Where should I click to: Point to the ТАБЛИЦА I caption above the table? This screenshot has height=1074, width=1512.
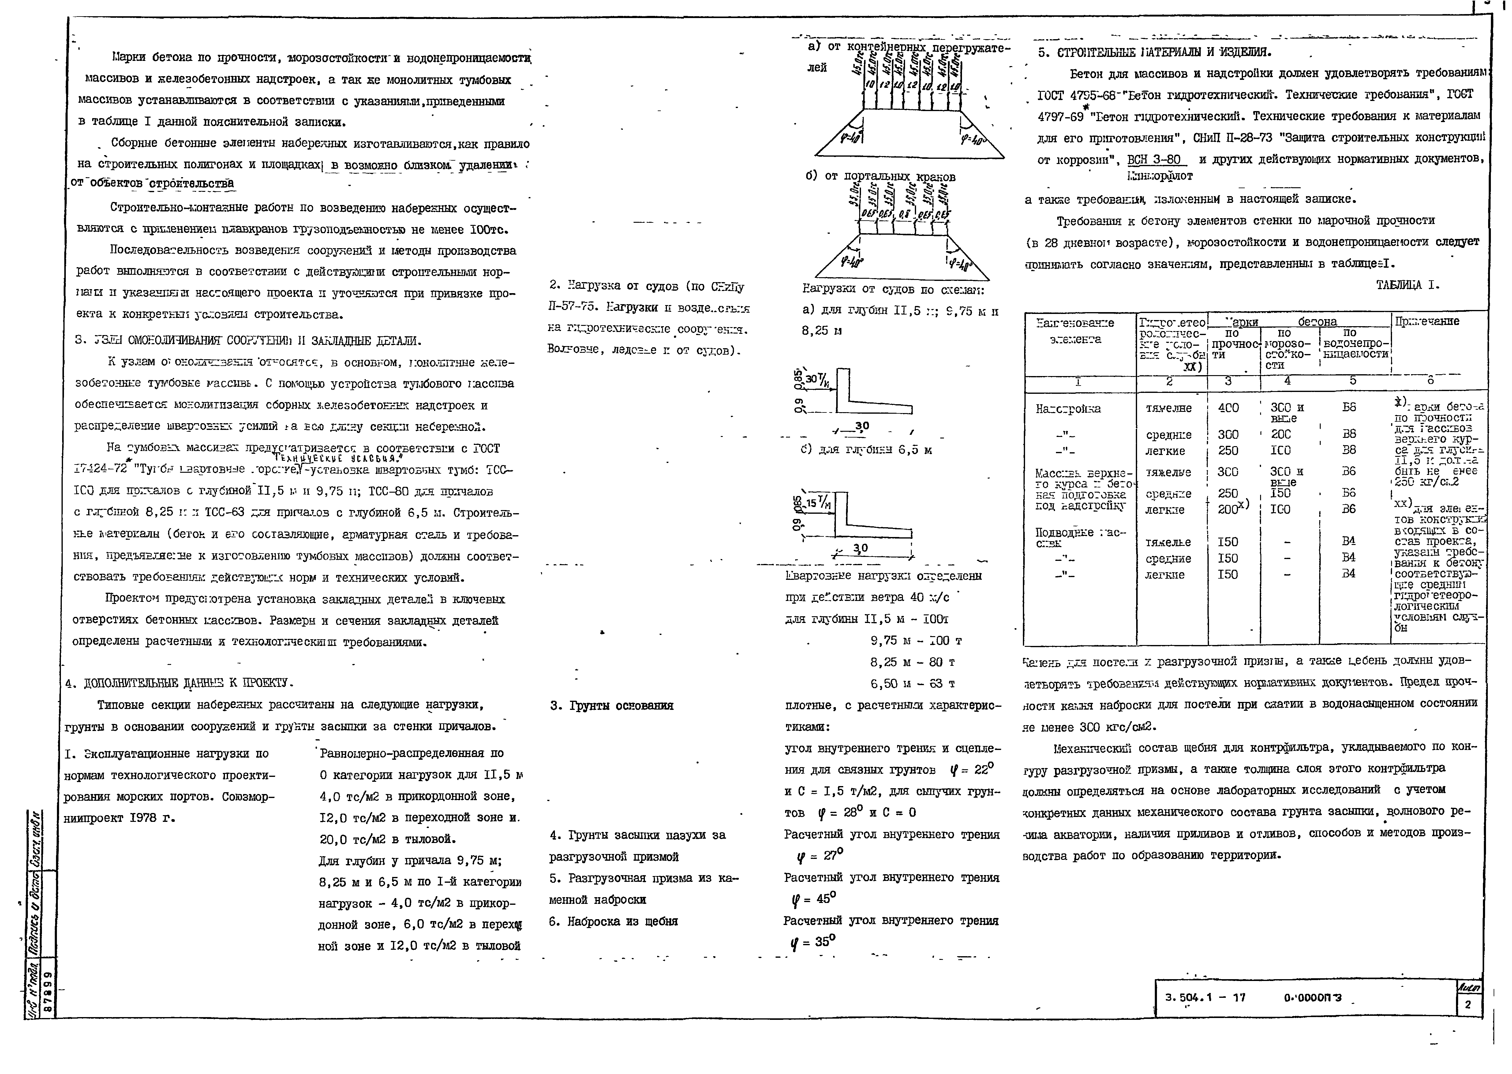(1408, 286)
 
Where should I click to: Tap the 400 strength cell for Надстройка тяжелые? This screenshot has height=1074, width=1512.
(1228, 408)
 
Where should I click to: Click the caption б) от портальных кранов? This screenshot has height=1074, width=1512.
(880, 177)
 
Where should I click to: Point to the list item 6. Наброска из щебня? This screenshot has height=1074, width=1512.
(613, 921)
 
